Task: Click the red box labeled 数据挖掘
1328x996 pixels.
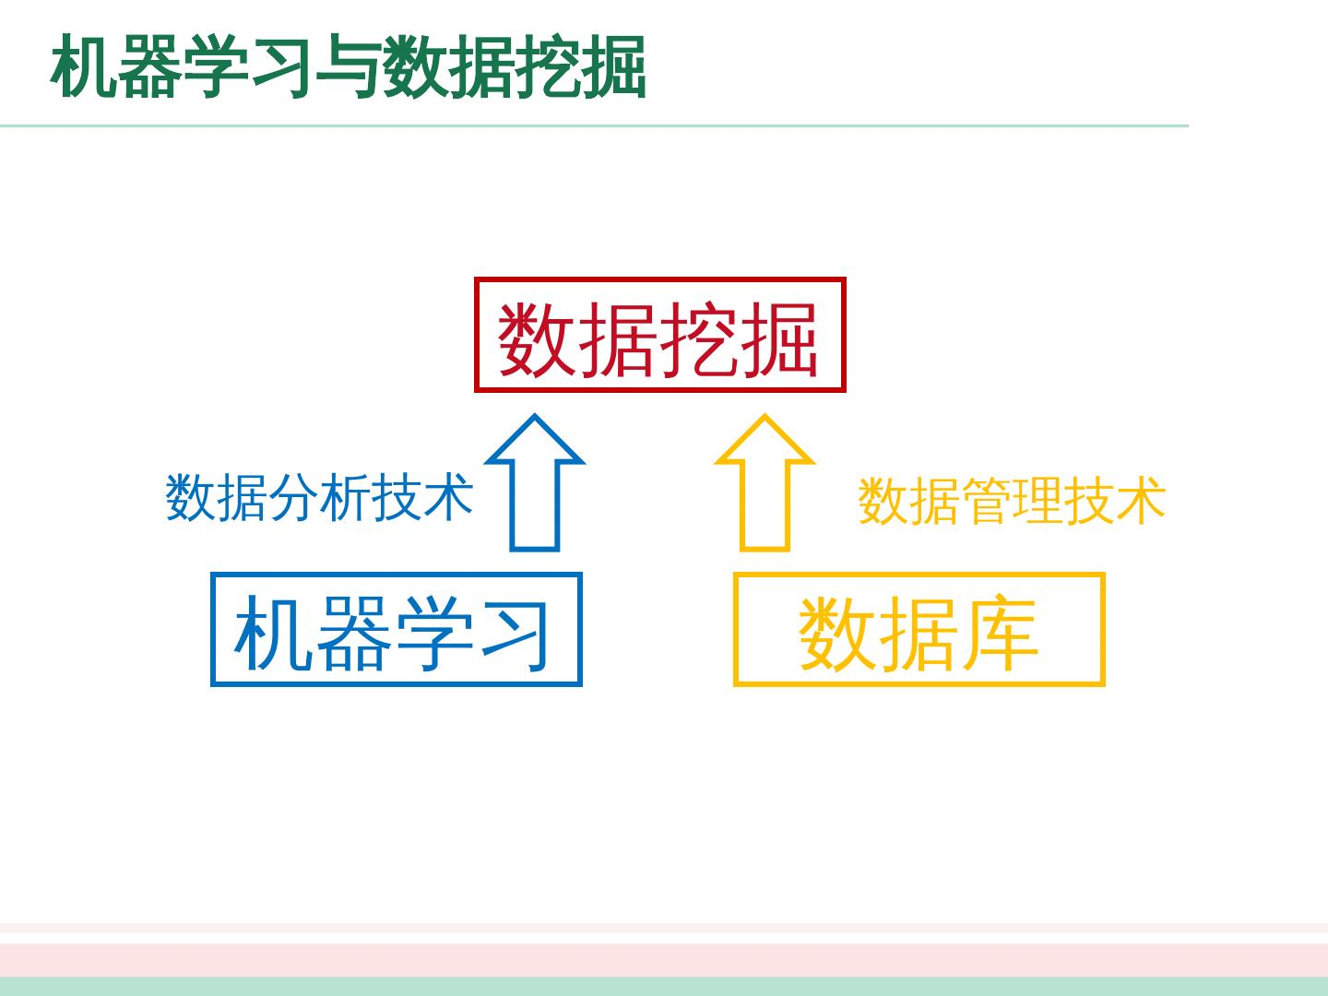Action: (x=659, y=336)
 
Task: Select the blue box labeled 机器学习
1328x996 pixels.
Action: (x=396, y=630)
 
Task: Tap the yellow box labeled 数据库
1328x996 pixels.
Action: (x=919, y=630)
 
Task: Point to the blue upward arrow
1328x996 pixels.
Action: (x=535, y=484)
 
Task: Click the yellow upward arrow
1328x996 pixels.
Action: (x=765, y=484)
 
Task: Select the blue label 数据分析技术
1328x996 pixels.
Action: (x=319, y=497)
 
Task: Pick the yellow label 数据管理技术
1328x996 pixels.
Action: (x=1012, y=501)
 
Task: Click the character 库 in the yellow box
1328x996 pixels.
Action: (x=1000, y=634)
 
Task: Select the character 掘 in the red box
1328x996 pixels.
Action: (x=780, y=338)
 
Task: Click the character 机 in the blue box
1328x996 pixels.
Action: (x=274, y=634)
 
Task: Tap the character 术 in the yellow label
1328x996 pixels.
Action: (x=1141, y=501)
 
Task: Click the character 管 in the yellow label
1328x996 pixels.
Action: (x=986, y=501)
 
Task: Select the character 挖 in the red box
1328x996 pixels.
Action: (x=700, y=338)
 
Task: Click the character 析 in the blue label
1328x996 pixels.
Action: (x=345, y=497)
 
